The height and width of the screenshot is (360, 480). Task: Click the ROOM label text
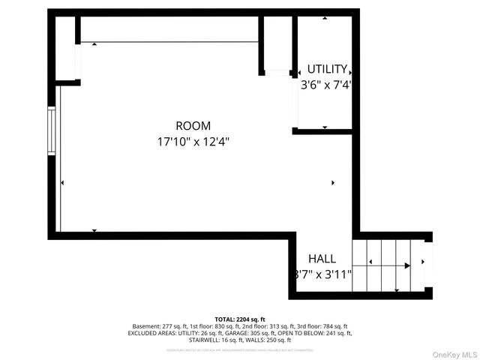click(x=193, y=126)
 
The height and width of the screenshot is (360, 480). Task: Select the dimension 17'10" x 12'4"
click(x=193, y=140)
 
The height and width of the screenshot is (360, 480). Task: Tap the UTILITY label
click(x=326, y=70)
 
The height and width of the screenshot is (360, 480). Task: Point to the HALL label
click(x=322, y=259)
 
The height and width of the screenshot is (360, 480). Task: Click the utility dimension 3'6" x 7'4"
click(x=326, y=85)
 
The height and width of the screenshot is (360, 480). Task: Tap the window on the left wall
click(x=52, y=132)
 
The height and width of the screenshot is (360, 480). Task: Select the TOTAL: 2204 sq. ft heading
click(x=240, y=319)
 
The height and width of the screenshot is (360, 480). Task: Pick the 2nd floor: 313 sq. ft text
click(x=266, y=326)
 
